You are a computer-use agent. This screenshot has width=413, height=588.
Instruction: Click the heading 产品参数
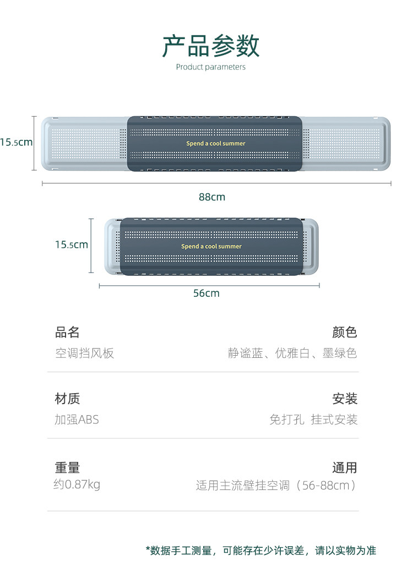210,46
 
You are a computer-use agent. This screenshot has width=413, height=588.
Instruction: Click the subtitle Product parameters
210,67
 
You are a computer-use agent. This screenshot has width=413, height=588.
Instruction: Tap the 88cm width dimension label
212,197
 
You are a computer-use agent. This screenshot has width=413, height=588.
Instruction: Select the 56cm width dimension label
206,293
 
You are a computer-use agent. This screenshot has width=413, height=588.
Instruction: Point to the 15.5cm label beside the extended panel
16,143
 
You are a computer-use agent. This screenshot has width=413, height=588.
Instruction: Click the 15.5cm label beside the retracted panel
72,244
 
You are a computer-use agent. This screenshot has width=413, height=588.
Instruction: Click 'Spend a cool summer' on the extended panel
215,144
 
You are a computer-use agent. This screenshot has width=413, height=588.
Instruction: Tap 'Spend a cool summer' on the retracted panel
211,247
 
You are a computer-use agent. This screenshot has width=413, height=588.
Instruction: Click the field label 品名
67,333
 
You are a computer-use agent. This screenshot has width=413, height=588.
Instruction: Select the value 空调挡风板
84,353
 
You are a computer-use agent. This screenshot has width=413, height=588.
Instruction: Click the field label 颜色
345,333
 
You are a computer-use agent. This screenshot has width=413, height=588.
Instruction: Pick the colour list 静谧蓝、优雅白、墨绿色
292,353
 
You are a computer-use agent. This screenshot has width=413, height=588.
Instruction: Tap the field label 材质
67,399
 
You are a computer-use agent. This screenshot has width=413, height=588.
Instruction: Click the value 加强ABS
77,420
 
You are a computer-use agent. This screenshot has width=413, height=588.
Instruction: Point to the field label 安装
345,399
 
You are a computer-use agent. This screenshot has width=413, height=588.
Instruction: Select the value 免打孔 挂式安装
313,420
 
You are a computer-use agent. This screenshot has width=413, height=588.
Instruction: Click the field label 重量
67,468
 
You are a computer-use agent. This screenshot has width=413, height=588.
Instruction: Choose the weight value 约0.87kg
77,485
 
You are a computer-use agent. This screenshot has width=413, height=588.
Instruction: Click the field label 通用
345,468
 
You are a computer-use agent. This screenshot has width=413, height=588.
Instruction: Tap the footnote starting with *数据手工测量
260,551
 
